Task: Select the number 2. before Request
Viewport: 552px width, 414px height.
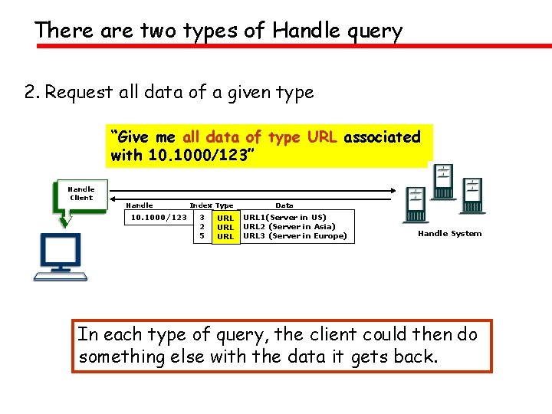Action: tap(31, 93)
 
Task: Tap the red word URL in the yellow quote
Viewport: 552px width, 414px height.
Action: tap(323, 137)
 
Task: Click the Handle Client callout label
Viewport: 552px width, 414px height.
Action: tap(81, 193)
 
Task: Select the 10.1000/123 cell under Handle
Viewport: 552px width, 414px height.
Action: tap(159, 218)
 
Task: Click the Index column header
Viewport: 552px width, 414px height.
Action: tap(200, 205)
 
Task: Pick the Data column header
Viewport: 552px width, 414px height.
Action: tap(284, 205)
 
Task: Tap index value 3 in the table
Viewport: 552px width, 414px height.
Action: tap(201, 218)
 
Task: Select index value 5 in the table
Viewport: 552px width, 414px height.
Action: tap(201, 236)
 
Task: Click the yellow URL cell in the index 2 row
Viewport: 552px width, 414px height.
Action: tap(225, 228)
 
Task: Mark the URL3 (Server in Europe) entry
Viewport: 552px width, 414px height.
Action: tap(294, 236)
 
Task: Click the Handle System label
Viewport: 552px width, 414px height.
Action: tap(449, 234)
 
